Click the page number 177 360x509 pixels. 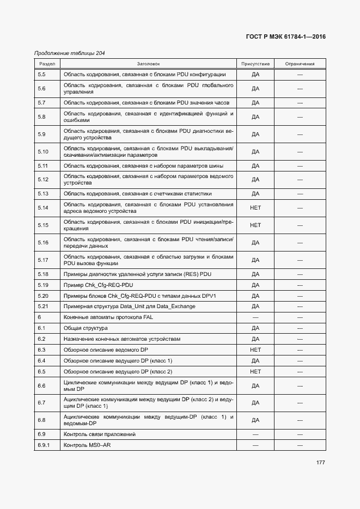pos(320,463)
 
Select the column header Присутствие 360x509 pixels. pos(255,64)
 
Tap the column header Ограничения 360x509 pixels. pos(300,64)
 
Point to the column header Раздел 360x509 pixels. pos(46,64)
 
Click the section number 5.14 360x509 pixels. pos(44,207)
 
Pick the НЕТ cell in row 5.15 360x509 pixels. pos(255,225)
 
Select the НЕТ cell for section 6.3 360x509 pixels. pos(255,349)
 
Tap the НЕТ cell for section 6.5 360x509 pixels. pos(255,371)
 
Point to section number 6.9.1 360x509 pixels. pos(44,445)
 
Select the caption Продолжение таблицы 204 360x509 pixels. pos(70,53)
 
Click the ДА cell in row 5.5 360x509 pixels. pos(255,74)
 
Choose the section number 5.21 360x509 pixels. pos(44,306)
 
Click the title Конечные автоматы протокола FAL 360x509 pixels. pos(107,317)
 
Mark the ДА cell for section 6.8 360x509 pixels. pos(255,420)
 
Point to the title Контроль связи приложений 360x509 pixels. pos(99,434)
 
